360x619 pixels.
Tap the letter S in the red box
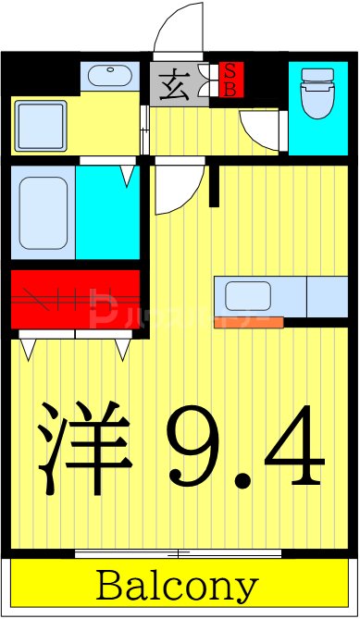pos(230,70)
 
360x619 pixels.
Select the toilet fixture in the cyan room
pos(317,95)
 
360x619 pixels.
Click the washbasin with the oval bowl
pos(110,75)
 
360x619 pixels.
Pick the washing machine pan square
pos(40,126)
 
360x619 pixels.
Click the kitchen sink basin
pos(248,297)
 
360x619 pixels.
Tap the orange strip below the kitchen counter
pos(247,323)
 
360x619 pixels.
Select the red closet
pos(75,297)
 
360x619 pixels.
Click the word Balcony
pos(177,587)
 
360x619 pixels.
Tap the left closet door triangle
pos(28,348)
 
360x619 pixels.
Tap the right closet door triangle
pos(123,348)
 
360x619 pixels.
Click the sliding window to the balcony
pos(178,553)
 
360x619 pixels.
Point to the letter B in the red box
pos(230,89)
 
